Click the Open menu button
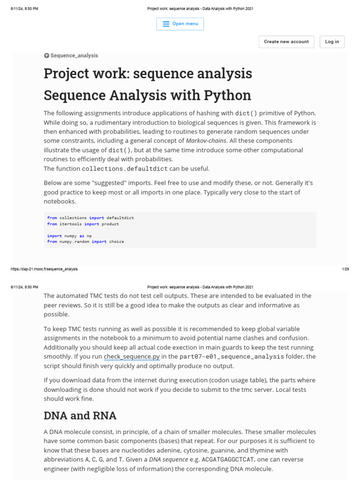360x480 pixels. point(180,24)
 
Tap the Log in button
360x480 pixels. point(332,42)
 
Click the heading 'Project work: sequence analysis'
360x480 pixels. point(148,74)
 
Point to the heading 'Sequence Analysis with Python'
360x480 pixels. point(147,95)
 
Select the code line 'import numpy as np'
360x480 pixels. point(69,236)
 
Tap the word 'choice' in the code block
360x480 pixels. point(117,241)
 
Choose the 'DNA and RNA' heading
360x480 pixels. point(80,416)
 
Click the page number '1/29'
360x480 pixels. point(345,269)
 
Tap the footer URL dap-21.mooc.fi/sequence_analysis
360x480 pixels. point(44,269)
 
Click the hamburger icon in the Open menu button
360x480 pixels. point(166,24)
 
